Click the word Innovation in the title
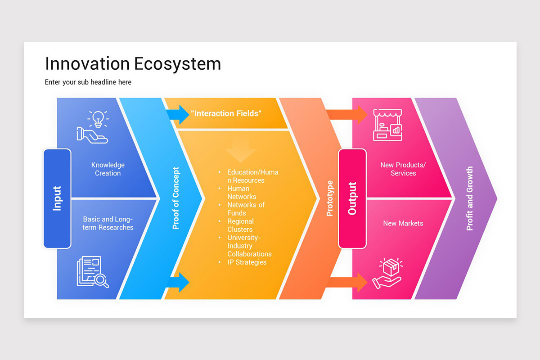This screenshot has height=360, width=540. coord(84,64)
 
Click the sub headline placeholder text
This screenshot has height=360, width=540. coord(88,82)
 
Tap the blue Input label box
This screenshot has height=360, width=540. coord(57,198)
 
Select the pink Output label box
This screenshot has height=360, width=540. coord(352,198)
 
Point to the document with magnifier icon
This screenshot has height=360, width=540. coord(93,272)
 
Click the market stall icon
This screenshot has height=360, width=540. coord(387,125)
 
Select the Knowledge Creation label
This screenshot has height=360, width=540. coord(108,169)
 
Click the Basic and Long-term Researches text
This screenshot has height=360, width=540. coord(108,224)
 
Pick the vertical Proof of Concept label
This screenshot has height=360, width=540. coord(176,198)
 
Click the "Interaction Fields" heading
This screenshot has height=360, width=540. coord(226,113)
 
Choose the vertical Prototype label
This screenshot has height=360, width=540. coord(330,198)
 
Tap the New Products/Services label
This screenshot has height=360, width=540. coord(403,169)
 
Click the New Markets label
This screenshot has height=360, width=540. coord(403,223)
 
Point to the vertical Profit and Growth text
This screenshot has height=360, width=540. coord(469,198)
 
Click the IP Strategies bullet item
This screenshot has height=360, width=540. coord(247,262)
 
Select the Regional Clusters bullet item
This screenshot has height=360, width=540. coord(240,225)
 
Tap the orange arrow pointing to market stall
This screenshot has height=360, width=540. coord(347,114)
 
